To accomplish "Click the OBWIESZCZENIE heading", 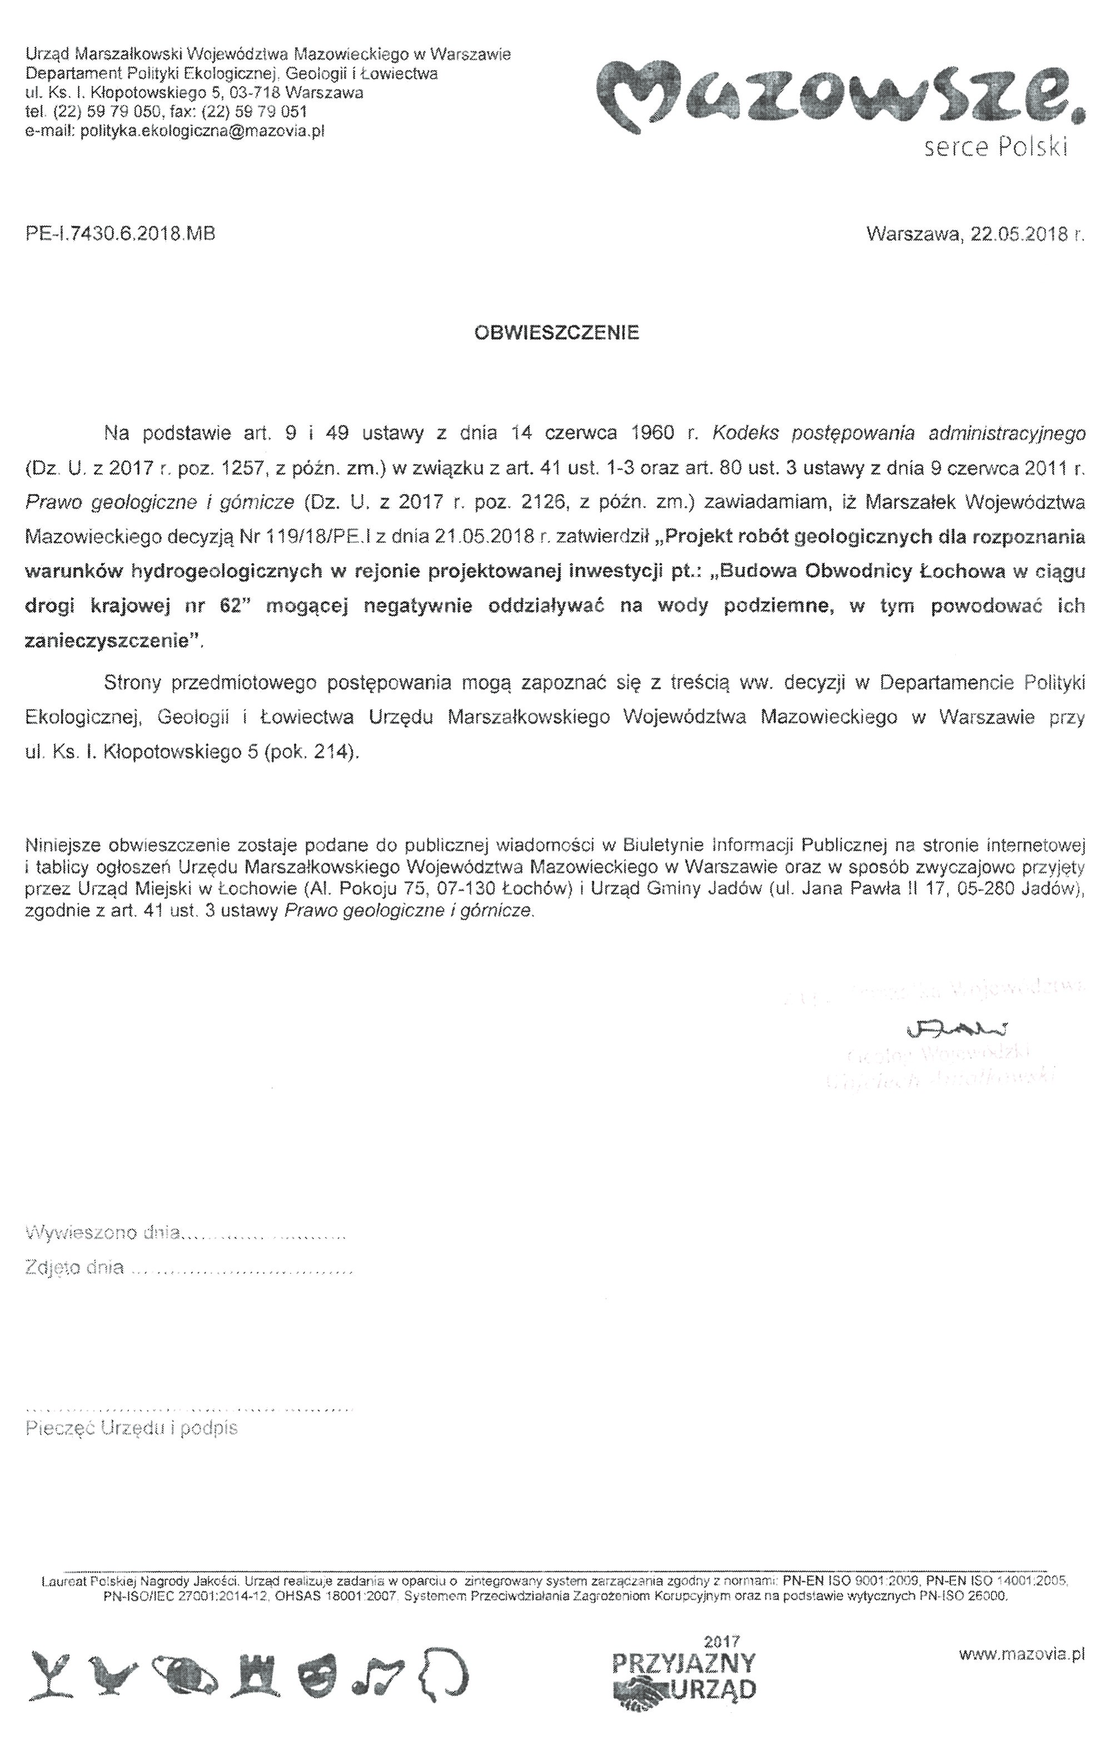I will (556, 333).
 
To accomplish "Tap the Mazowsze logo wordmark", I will (841, 98).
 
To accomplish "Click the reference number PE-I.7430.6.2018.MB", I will (120, 235).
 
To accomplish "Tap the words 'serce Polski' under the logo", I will (995, 148).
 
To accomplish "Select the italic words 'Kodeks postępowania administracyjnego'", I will (898, 433).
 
